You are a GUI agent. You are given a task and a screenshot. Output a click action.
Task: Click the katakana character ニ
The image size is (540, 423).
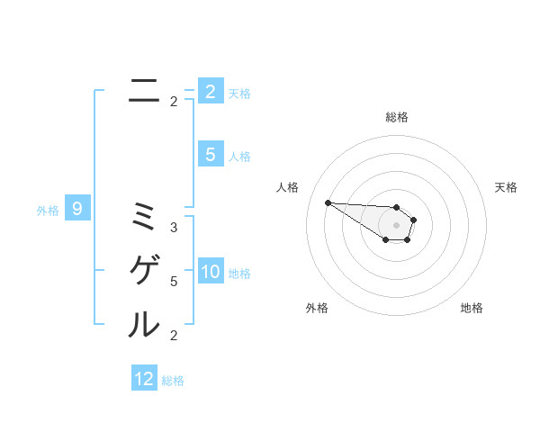[x=144, y=90]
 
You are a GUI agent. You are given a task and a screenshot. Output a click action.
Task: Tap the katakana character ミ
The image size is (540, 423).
[x=144, y=216]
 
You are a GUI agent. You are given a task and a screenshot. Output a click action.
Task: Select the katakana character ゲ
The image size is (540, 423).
[x=144, y=270]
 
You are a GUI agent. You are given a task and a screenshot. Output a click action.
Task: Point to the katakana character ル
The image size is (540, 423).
[x=144, y=324]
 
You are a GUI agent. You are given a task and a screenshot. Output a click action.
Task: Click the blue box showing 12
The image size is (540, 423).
[x=144, y=378]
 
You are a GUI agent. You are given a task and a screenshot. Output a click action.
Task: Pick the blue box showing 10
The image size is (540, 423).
[x=211, y=272]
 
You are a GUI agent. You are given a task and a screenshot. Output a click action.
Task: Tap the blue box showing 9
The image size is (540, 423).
[x=77, y=209]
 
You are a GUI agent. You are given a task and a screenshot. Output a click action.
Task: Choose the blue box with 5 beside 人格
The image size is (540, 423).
[x=211, y=155]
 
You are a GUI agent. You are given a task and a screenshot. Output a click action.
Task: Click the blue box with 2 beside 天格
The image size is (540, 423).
[x=211, y=91]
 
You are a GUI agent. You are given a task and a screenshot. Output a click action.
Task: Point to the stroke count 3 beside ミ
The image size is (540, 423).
[x=174, y=228]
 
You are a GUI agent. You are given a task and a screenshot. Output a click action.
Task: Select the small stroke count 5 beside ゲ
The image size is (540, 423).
[x=174, y=282]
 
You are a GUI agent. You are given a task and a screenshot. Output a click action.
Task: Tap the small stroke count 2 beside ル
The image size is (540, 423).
[x=174, y=336]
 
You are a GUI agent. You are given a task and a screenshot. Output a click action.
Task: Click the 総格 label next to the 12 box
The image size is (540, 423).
[x=173, y=381]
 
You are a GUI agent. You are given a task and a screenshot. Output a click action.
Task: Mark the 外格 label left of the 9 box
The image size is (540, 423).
[x=48, y=211]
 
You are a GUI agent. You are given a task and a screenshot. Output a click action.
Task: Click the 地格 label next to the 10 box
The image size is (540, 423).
[x=240, y=274]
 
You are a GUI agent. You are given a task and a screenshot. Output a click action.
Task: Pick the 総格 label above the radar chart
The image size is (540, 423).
[x=397, y=117]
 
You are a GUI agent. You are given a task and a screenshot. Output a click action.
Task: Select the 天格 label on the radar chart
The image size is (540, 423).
[x=506, y=187]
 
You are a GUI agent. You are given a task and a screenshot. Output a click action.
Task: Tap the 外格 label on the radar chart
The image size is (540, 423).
[x=317, y=308]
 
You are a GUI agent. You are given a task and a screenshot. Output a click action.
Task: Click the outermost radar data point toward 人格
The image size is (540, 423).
[x=328, y=202]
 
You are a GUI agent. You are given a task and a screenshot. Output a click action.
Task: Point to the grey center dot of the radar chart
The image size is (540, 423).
[x=397, y=225]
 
